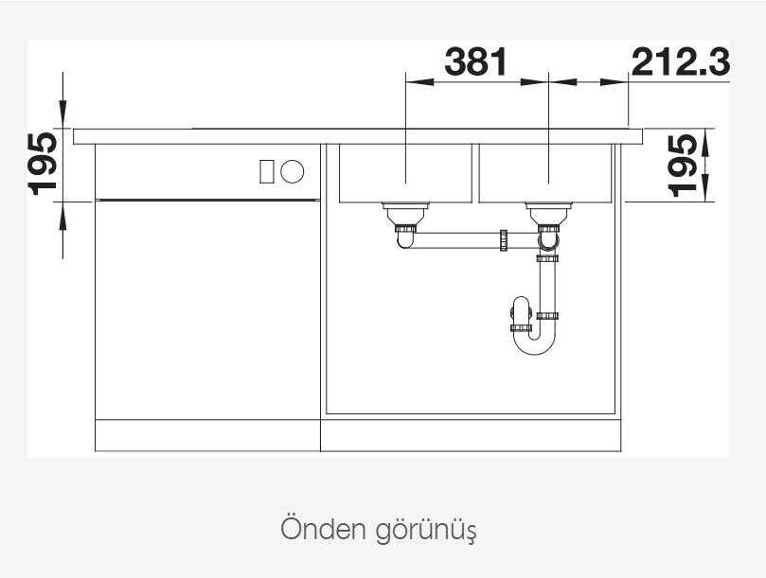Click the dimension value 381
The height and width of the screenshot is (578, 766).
point(476,61)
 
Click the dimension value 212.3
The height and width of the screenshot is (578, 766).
point(681,62)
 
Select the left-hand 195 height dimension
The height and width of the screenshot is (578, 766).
point(43,164)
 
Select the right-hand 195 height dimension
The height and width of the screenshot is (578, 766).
point(683,166)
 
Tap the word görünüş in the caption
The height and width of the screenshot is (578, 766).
point(426,531)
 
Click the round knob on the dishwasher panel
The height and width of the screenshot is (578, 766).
point(293,171)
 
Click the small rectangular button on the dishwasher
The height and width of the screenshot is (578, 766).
point(266,171)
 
